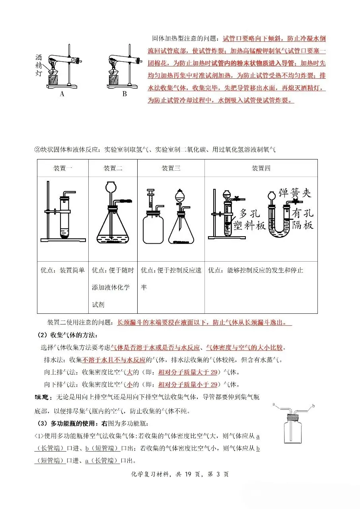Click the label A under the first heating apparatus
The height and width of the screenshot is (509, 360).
tap(62, 94)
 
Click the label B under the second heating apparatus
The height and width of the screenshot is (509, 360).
tap(125, 94)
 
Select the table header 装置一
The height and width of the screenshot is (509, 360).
tap(62, 168)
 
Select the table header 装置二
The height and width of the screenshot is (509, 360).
tap(113, 168)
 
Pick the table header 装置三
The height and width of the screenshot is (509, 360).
tap(171, 168)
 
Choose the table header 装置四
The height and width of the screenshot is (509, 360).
tap(261, 168)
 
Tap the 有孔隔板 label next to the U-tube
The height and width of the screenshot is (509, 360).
tap(303, 220)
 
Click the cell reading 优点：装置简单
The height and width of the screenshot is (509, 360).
tap(62, 270)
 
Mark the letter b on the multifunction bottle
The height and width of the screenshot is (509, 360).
tap(314, 406)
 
